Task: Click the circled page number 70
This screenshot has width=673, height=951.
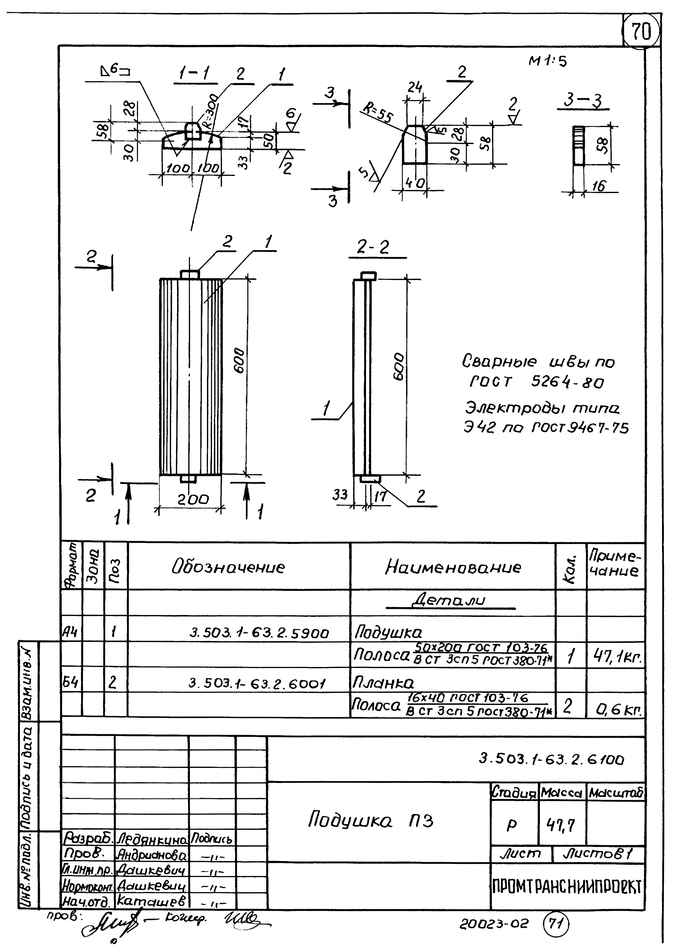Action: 641,31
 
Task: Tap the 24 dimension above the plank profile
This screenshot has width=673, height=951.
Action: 414,87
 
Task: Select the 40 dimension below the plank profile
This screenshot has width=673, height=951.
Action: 414,183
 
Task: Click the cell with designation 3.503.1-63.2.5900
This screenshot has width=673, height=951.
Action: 259,633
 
